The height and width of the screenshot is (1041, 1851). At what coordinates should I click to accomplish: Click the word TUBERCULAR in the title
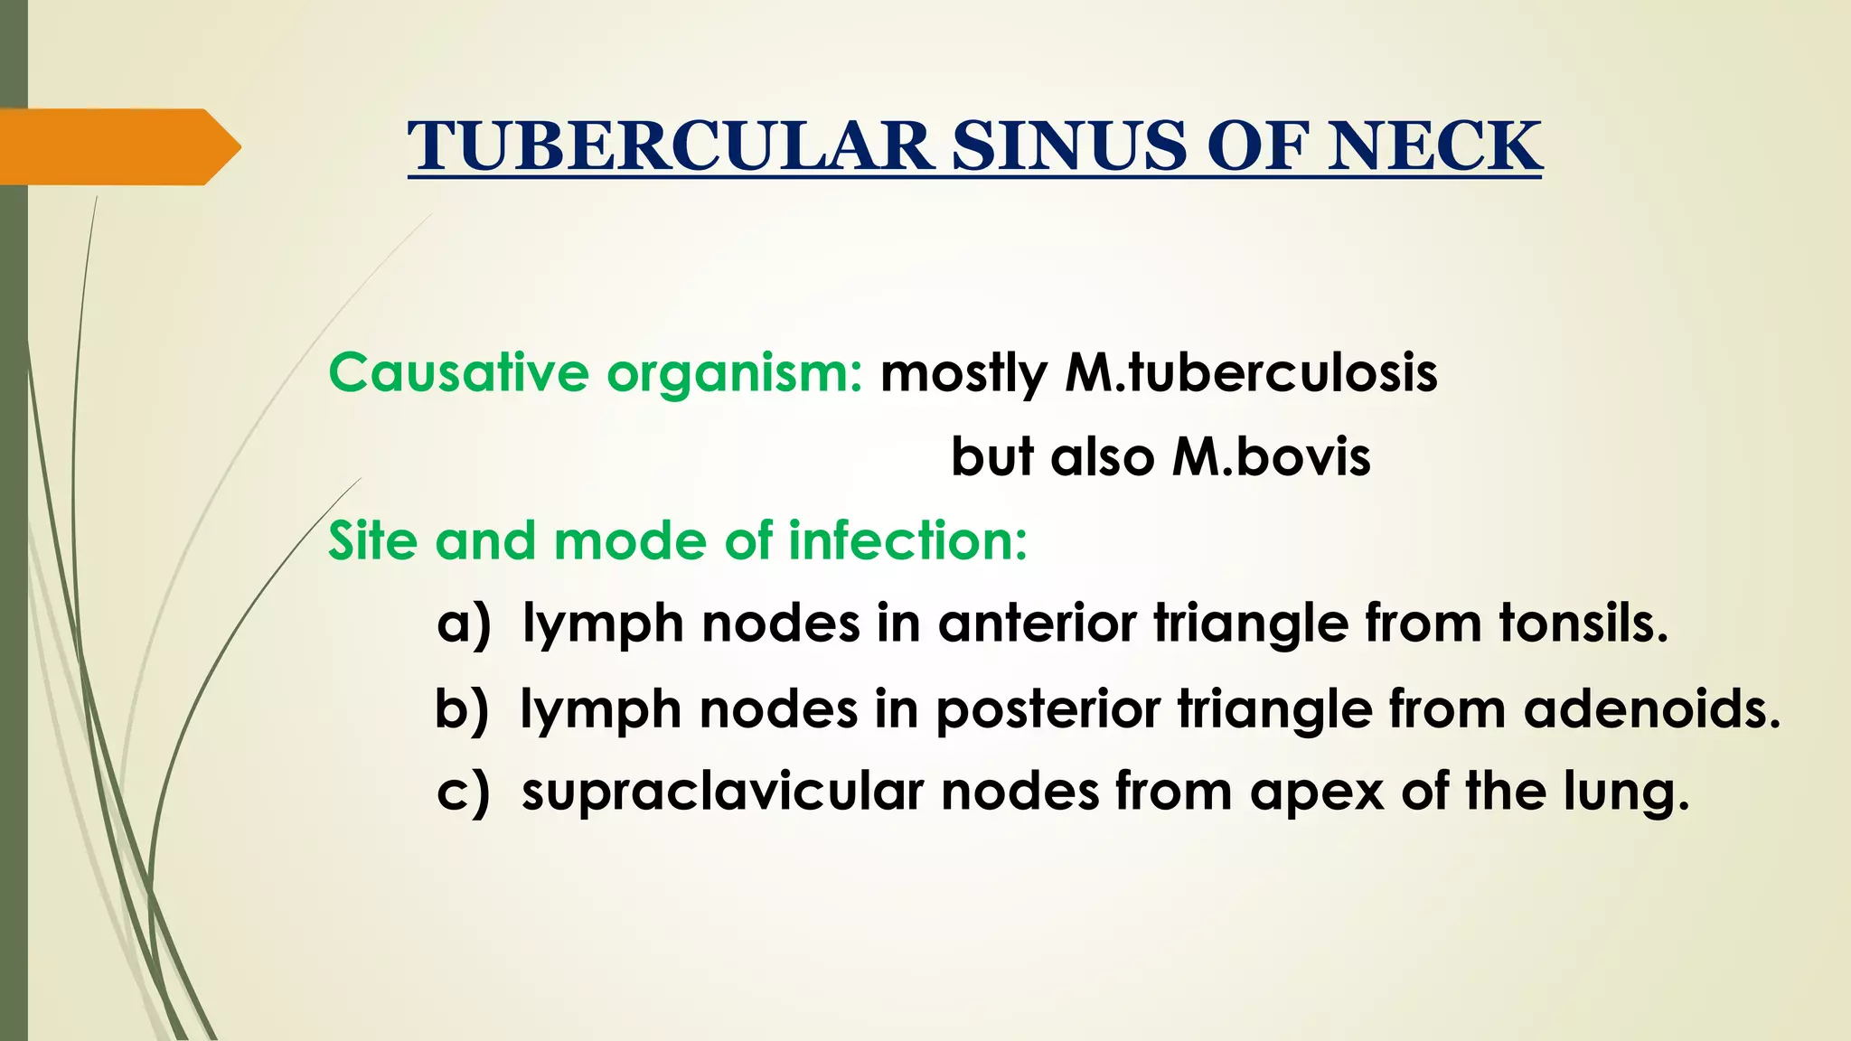671,146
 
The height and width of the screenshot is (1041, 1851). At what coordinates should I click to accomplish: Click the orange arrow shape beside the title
117,146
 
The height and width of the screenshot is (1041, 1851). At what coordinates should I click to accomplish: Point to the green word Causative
458,372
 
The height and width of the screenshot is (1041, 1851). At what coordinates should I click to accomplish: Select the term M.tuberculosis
1251,372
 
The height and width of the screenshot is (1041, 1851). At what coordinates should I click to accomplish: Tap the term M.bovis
1271,456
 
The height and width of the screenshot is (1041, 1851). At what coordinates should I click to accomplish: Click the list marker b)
462,709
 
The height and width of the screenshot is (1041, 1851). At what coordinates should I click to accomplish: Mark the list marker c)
463,792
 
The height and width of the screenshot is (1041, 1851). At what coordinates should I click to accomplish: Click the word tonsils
1583,624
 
